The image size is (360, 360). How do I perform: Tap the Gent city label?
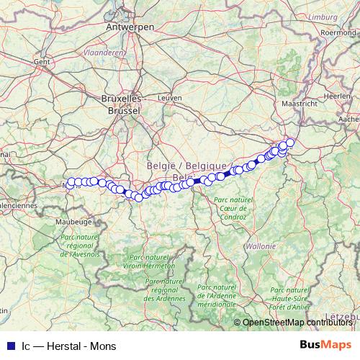coord(40,62)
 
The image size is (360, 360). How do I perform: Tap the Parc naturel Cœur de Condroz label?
coord(234,208)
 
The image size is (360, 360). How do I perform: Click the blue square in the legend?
coord(10,345)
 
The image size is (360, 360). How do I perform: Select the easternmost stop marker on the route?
coord(290,142)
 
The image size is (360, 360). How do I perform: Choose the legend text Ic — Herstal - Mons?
coord(64,345)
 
